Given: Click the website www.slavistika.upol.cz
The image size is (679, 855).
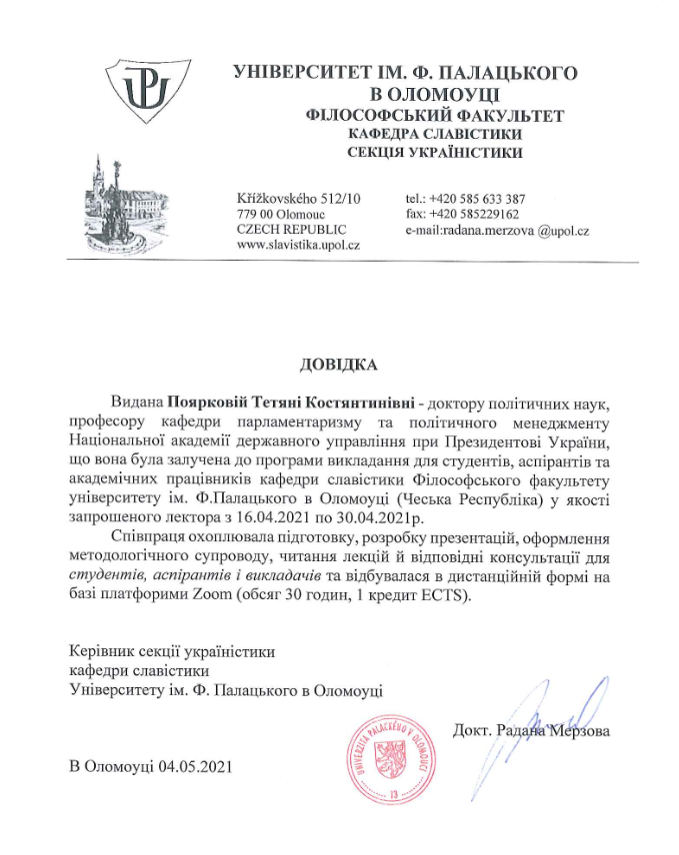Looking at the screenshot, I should [x=298, y=245].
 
